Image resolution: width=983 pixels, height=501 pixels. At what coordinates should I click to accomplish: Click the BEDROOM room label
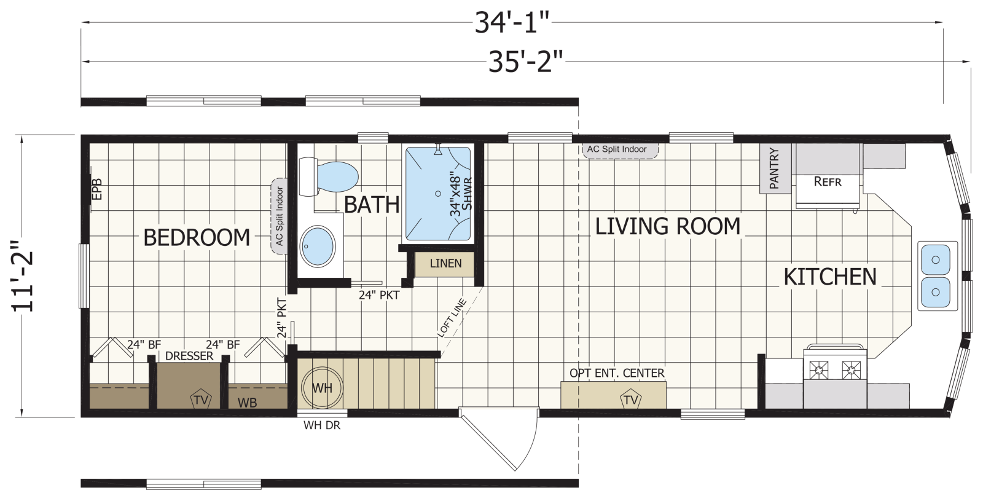197,237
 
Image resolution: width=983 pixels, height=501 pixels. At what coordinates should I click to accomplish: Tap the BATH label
372,205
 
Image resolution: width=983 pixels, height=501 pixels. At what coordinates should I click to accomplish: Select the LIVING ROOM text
667,227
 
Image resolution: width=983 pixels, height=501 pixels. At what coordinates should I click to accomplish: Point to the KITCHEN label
830,277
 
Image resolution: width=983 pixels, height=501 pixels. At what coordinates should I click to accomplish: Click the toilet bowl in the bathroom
337,176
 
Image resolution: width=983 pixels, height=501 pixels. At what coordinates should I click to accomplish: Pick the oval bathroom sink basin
318,246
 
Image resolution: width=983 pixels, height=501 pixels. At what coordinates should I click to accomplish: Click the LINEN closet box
445,264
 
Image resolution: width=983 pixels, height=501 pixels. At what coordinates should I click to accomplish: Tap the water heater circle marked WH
322,388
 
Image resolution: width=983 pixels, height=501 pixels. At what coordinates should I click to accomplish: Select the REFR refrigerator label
828,181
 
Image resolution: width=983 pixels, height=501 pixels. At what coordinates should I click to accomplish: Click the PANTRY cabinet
775,168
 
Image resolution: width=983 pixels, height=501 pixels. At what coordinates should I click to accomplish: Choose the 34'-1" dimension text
512,22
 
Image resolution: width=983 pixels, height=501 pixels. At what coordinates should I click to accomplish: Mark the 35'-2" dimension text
526,61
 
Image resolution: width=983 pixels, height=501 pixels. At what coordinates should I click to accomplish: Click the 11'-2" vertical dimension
22,276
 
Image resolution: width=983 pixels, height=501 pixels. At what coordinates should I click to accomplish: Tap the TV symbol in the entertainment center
630,399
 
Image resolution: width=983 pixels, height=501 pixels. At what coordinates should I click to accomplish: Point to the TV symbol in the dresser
201,399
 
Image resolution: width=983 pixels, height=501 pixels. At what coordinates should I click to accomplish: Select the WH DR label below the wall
322,425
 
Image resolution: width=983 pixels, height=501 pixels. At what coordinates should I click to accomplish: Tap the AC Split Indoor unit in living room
620,150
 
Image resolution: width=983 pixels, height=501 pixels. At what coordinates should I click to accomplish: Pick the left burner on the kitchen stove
819,369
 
